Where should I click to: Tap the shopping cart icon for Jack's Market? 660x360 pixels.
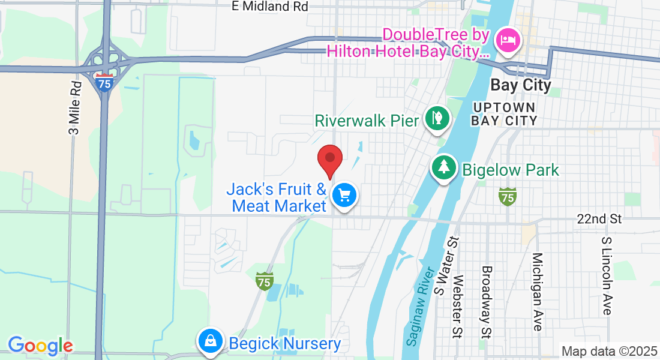344,196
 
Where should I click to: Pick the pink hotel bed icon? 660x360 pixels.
508,41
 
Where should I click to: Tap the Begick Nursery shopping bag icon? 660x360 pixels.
210,341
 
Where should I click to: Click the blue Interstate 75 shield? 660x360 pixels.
104,82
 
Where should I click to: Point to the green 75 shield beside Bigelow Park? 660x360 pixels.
508,196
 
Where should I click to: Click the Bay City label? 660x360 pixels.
520,85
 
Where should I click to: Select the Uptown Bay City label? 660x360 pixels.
503,113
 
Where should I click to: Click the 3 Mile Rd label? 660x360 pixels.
75,108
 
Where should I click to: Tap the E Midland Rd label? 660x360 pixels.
270,7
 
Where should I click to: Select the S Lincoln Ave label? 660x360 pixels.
607,275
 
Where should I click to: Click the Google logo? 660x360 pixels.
40,346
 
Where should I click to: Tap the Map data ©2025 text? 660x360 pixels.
609,351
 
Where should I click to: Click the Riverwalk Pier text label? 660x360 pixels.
367,120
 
